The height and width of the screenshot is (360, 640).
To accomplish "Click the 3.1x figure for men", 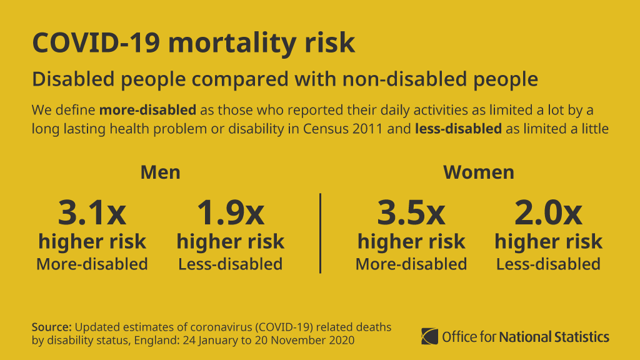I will click(x=92, y=212).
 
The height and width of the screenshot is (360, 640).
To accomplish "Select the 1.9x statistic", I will click(x=230, y=212).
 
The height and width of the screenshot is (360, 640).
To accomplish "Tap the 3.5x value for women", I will click(x=411, y=212).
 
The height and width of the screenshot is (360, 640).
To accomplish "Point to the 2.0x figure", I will click(x=548, y=212).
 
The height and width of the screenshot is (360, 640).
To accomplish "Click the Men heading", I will click(x=160, y=172).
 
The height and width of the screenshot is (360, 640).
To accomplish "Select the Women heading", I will click(x=479, y=172).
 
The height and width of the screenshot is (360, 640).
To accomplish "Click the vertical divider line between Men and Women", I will click(x=320, y=233).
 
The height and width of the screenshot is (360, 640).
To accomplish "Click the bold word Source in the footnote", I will click(x=52, y=327).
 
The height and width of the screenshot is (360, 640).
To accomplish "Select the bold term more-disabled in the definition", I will click(x=147, y=111).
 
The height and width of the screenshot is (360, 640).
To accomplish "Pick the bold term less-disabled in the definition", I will click(x=458, y=129).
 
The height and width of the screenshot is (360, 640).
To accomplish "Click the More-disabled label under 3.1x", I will click(x=92, y=264).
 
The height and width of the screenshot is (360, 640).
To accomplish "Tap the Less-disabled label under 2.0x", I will click(x=548, y=264).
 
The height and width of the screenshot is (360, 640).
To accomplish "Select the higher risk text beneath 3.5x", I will click(x=411, y=241).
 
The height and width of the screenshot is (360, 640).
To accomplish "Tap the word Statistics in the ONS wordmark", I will click(x=582, y=337).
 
